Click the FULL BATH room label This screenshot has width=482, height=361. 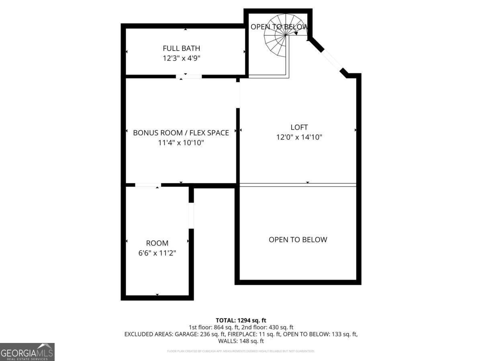point(181,49)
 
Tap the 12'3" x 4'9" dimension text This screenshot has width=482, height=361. point(181,58)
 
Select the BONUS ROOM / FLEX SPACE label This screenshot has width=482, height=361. point(181,132)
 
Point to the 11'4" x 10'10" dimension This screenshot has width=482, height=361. point(181,142)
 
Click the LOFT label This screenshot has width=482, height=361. point(299,127)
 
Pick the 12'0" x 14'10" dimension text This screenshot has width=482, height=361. point(299,137)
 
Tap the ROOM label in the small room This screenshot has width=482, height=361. point(157,243)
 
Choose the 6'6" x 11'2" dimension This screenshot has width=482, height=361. point(157,253)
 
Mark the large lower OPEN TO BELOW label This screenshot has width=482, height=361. point(298,240)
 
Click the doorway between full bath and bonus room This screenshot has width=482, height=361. point(189,76)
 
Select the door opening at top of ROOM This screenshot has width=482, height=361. point(148,185)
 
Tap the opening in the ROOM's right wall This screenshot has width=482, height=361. point(191,216)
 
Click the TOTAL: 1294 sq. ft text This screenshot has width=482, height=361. point(241,320)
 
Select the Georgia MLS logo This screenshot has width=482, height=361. point(27,352)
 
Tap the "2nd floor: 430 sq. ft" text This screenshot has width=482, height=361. point(271,327)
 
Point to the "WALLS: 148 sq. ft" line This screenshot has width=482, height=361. point(241,341)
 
